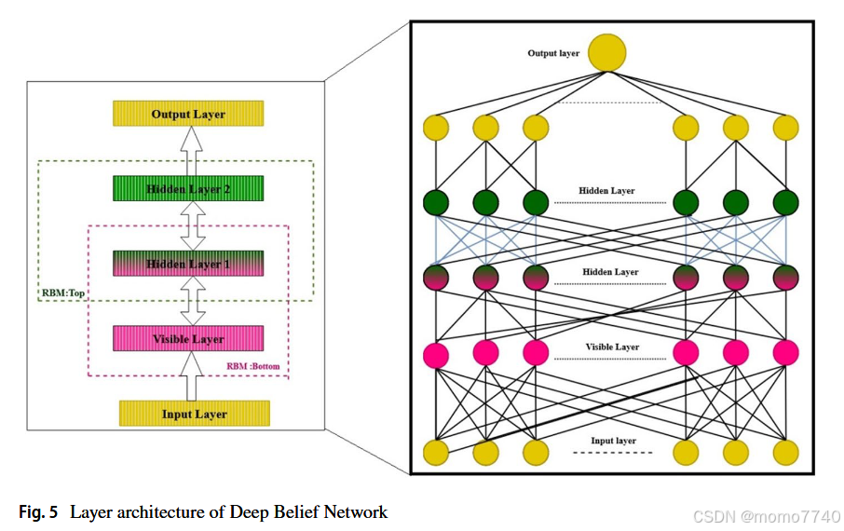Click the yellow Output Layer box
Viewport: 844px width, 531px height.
pyautogui.click(x=188, y=114)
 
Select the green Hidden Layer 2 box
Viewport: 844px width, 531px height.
pyautogui.click(x=188, y=189)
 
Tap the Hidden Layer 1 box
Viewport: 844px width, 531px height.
pyautogui.click(x=188, y=264)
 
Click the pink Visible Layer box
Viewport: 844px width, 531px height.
pyautogui.click(x=188, y=338)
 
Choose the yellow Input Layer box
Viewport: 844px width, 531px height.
pyautogui.click(x=194, y=414)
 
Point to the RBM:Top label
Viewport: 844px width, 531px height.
pyautogui.click(x=62, y=293)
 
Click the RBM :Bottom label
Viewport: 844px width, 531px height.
pyautogui.click(x=252, y=366)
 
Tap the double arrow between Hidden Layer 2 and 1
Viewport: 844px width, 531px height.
pyautogui.click(x=191, y=226)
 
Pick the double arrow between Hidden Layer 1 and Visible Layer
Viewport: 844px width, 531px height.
pyautogui.click(x=191, y=301)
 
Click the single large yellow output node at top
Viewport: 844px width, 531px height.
pyautogui.click(x=606, y=52)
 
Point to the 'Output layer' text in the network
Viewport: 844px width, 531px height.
pyautogui.click(x=553, y=53)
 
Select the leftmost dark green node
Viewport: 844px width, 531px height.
pyautogui.click(x=436, y=202)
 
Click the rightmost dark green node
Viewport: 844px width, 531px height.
pyautogui.click(x=785, y=202)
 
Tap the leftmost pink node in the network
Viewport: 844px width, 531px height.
pyautogui.click(x=436, y=353)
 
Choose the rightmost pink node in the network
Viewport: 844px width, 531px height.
pyautogui.click(x=785, y=352)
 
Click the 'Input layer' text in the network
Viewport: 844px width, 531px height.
pyautogui.click(x=613, y=441)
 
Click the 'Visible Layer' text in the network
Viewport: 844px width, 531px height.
pyautogui.click(x=612, y=347)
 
